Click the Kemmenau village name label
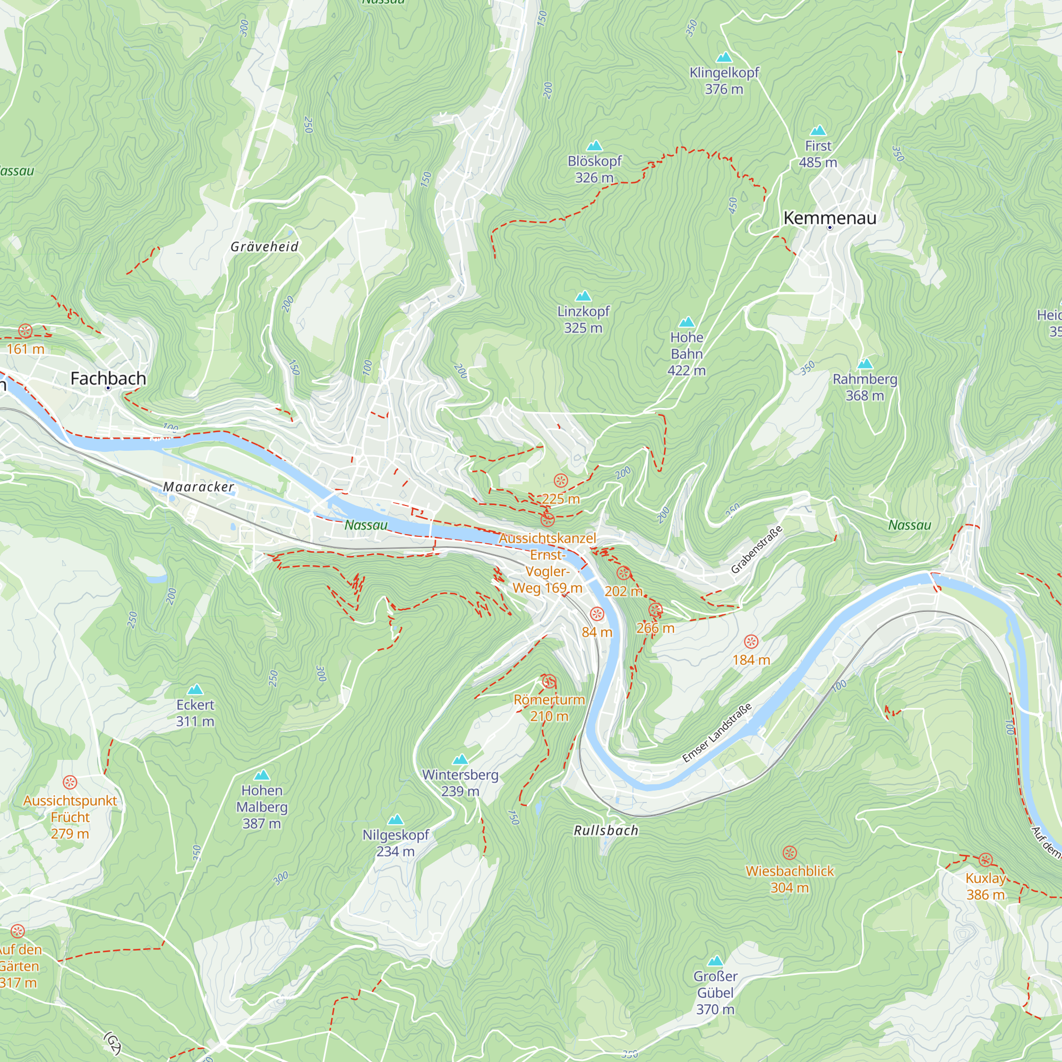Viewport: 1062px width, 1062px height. point(829,218)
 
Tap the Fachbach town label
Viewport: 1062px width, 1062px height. point(108,379)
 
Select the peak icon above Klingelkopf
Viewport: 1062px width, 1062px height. point(724,57)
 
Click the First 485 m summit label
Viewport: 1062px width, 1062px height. point(818,154)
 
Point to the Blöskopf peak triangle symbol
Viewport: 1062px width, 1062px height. point(594,145)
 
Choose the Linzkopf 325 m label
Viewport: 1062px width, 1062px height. point(583,319)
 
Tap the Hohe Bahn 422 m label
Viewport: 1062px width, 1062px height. point(687,354)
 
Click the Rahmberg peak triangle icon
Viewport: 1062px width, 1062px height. point(864,363)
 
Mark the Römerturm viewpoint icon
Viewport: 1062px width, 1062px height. point(549,682)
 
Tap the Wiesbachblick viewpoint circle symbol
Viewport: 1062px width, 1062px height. point(790,853)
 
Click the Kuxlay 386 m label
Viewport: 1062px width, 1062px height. point(986,886)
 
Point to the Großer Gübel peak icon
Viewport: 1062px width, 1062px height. point(715,961)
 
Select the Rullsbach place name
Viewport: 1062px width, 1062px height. point(606,830)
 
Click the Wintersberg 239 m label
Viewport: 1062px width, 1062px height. point(460,783)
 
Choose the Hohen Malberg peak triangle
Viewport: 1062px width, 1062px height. point(262,776)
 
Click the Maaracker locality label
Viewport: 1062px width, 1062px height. point(199,487)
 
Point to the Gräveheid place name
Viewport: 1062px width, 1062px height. point(264,247)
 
